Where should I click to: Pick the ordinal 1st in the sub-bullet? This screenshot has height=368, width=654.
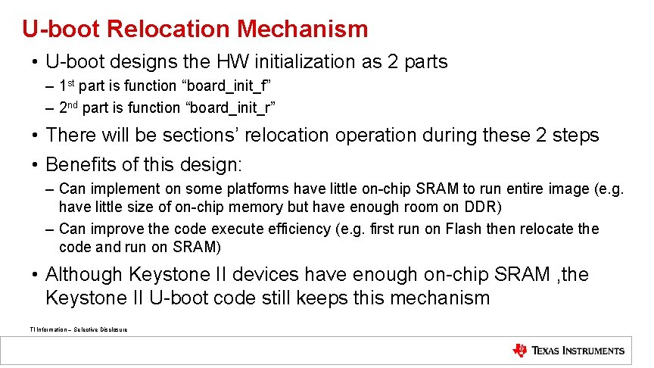pyautogui.click(x=67, y=86)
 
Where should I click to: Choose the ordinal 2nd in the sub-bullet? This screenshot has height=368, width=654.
pyautogui.click(x=69, y=107)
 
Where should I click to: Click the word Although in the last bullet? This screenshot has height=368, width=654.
pyautogui.click(x=85, y=274)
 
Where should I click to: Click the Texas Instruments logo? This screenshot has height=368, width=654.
pyautogui.click(x=568, y=351)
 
